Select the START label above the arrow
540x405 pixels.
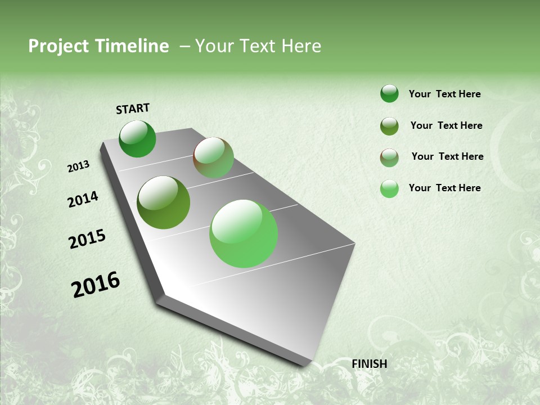point(133,109)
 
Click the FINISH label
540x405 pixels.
point(370,364)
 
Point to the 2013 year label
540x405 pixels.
point(79,166)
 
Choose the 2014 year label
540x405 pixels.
point(83,199)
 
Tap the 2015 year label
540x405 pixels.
point(87,239)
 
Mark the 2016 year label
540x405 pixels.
point(96,285)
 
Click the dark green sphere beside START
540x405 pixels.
point(137,139)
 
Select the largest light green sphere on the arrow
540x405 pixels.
point(244,233)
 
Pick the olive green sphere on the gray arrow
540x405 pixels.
point(163,202)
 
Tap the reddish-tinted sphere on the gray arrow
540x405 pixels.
point(213,157)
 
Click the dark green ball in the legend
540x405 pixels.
point(389,93)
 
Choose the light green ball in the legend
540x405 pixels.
point(389,188)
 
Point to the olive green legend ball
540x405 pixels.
point(389,126)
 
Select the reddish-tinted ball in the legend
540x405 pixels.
point(389,157)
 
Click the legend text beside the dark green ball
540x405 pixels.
point(444,94)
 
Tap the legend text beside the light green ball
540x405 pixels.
point(444,188)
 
